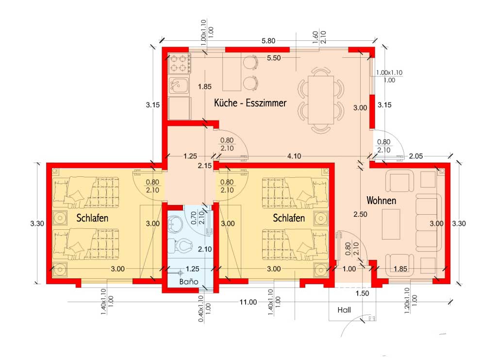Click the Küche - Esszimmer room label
250,103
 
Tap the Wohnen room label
381,201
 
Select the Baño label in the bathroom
189,281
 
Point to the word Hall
344,309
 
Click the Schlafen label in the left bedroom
92,218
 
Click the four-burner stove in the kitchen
180,64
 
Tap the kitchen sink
179,86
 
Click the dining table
321,100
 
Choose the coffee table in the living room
391,224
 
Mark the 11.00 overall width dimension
248,302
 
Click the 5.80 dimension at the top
268,41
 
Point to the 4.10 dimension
294,156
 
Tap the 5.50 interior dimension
274,58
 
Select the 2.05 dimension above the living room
415,156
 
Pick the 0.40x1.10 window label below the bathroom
204,309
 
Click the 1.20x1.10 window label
411,301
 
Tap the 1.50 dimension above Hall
362,293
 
